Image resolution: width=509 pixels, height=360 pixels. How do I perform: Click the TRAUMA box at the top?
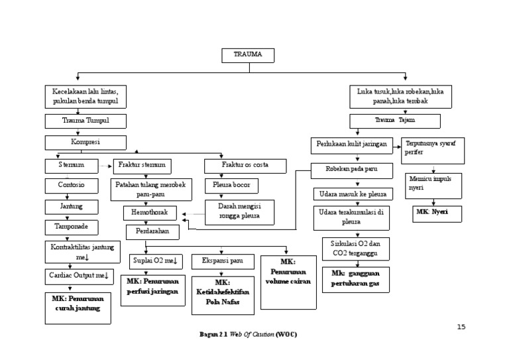point(247,55)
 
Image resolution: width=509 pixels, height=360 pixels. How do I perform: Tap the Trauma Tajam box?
point(395,121)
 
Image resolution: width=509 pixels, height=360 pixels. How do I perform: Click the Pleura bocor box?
point(231,186)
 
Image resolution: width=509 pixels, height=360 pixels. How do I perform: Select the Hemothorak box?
point(150,213)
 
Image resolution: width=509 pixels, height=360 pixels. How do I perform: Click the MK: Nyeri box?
point(433,213)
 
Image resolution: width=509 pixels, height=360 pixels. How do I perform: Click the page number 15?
point(461,327)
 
